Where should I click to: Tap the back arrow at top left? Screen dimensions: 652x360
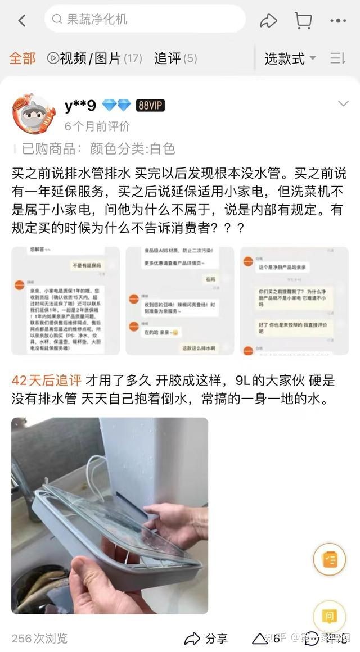22,21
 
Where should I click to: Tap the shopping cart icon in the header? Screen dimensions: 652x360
303,21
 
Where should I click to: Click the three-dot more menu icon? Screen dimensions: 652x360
338,21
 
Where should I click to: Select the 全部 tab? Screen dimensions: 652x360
22,58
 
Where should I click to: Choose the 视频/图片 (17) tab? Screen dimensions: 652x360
94,58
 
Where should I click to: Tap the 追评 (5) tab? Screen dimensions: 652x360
175,58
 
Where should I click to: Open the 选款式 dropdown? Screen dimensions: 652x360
290,58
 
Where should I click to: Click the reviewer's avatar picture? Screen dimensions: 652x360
34,114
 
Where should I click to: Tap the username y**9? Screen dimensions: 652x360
80,105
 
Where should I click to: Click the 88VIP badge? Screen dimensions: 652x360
150,105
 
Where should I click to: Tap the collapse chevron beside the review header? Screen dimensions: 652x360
343,104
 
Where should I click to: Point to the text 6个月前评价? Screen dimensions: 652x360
97,126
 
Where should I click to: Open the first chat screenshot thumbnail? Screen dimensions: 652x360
66,301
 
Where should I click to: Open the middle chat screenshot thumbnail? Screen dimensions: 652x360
179,301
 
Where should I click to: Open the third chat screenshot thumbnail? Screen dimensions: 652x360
294,301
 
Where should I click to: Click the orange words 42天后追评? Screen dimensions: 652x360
47,381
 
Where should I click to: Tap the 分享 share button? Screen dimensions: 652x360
206,638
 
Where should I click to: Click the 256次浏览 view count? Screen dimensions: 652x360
39,638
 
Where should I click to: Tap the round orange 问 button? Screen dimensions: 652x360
330,617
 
